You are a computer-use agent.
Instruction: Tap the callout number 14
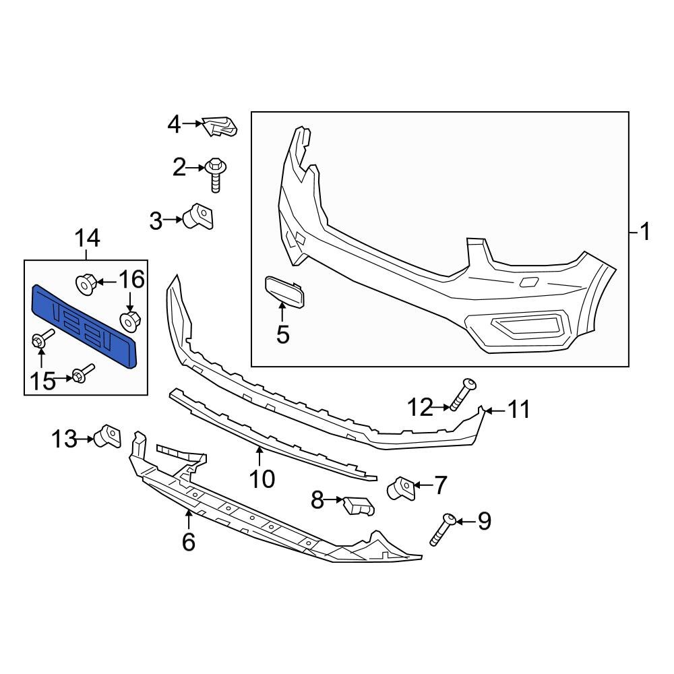tap(87, 238)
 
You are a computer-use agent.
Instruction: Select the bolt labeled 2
tap(216, 172)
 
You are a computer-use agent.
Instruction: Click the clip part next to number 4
tap(220, 125)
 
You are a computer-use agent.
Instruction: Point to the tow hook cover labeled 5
tap(286, 292)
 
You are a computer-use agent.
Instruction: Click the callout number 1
tap(644, 233)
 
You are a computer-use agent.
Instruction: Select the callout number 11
tap(518, 410)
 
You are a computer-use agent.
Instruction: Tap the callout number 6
tap(188, 541)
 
